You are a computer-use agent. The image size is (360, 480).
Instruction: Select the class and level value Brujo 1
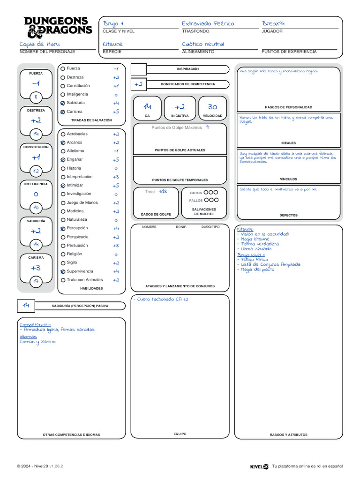(113, 23)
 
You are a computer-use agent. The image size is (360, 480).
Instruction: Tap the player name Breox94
(273, 23)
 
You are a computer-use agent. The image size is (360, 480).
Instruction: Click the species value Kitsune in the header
(112, 44)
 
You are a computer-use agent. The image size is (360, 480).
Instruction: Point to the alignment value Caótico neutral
(203, 44)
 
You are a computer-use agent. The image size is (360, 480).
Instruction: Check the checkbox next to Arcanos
(63, 142)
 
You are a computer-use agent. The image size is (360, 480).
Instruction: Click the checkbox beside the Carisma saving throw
(63, 112)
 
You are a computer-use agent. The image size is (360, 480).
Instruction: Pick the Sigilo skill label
(72, 262)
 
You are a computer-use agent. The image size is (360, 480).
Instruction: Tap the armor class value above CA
(147, 107)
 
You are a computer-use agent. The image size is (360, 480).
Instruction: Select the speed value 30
(212, 107)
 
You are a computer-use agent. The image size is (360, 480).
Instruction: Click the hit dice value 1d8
(163, 191)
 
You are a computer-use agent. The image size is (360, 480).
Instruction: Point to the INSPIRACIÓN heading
(187, 69)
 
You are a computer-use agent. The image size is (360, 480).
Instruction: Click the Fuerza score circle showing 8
(36, 97)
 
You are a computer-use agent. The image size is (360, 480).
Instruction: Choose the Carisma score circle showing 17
(36, 281)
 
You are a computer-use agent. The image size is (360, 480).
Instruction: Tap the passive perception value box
(26, 306)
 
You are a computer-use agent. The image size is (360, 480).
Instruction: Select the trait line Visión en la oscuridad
(265, 234)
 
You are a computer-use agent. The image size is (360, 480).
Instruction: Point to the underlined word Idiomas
(28, 336)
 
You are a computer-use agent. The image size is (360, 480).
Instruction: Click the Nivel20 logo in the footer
(259, 466)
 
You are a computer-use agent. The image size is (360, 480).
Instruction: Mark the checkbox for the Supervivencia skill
(63, 271)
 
